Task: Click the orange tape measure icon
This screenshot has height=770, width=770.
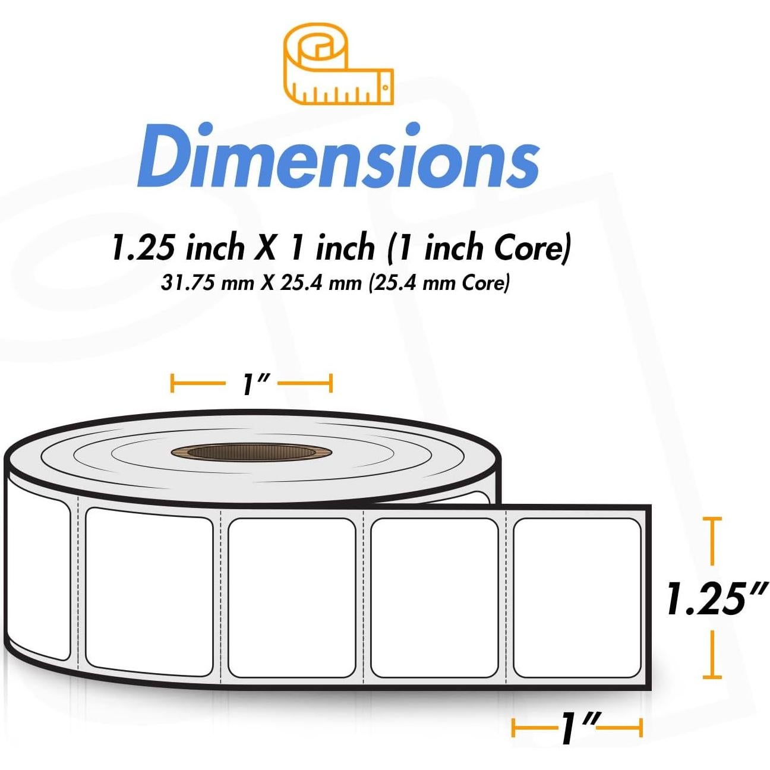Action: pyautogui.click(x=338, y=64)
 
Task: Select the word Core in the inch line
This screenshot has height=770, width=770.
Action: pyautogui.click(x=528, y=248)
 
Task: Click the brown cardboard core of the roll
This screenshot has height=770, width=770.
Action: pyautogui.click(x=252, y=452)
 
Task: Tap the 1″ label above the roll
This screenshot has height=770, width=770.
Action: pyautogui.click(x=251, y=384)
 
